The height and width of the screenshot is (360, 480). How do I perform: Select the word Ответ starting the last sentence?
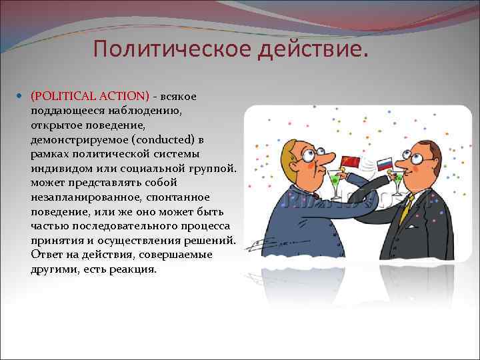coord(46,255)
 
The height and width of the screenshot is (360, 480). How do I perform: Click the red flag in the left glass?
coord(349,162)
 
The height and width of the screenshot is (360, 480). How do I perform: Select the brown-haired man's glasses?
coord(418,159)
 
